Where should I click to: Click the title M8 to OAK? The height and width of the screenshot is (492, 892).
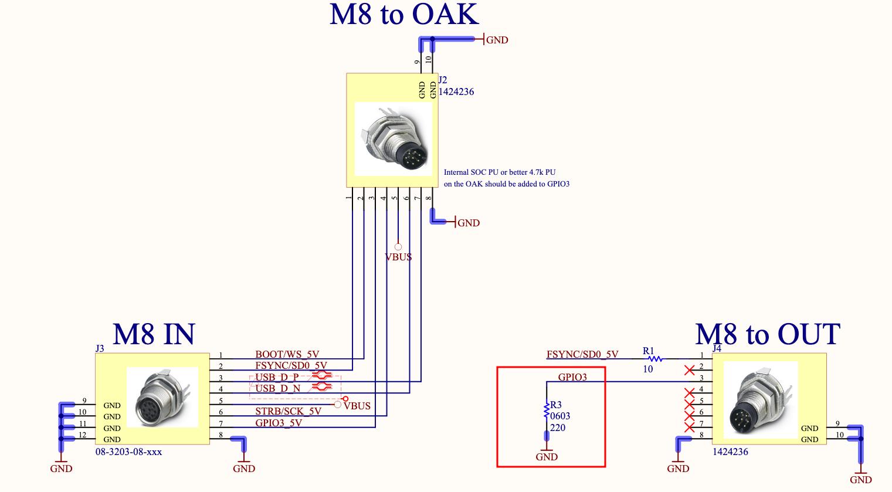coord(404,15)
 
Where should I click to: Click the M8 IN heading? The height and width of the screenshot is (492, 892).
coord(154,334)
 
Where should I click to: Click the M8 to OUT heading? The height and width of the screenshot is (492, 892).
coord(767,334)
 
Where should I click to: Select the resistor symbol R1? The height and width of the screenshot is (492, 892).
coord(654,358)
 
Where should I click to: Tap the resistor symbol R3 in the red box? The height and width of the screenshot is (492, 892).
coord(547,411)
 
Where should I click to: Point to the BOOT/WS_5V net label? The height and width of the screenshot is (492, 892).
coord(287,354)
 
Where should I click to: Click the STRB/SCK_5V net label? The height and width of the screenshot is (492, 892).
coord(288,411)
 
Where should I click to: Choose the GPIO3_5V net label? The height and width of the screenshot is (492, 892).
coord(278,423)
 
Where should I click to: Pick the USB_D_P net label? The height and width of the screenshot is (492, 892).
coord(277,376)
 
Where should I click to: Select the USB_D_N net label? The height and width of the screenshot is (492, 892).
coord(277,388)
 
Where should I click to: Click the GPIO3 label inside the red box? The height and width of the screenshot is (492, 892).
coord(572,377)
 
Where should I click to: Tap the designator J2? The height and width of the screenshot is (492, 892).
coord(443,80)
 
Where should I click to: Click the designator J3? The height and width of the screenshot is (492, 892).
coord(100,348)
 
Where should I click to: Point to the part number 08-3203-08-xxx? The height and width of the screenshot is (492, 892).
coord(128,452)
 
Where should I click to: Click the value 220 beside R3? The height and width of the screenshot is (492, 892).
coord(558,427)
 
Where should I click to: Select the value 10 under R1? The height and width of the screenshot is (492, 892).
coord(647,369)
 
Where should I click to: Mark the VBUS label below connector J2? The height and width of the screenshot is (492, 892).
coord(398,257)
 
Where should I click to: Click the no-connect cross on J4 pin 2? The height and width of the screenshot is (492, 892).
coord(690,369)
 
